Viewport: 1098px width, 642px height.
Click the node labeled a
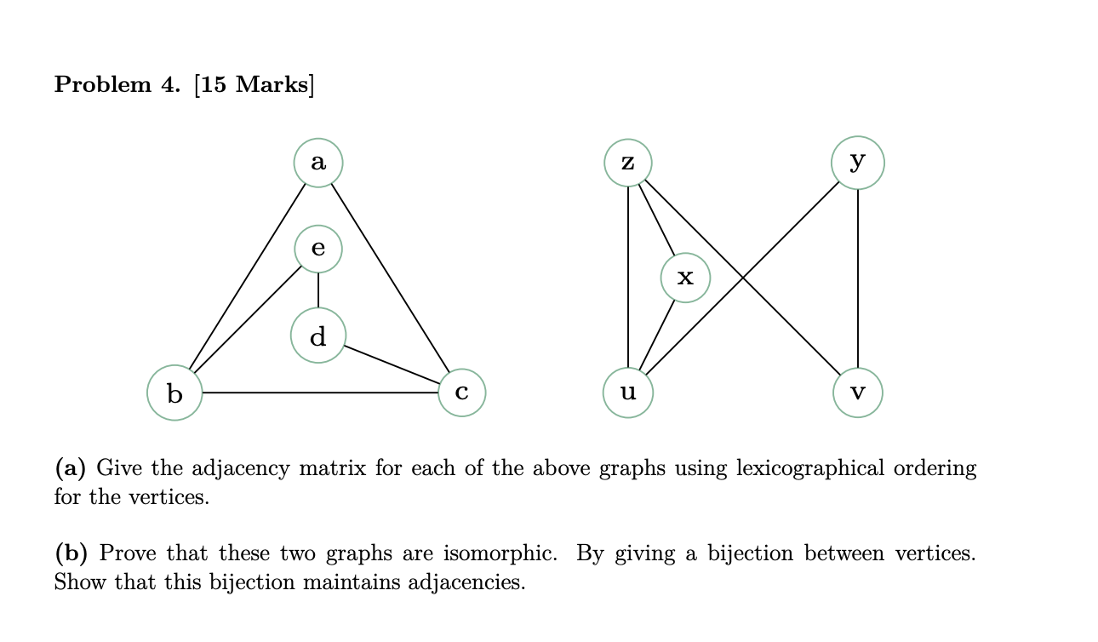[x=318, y=162]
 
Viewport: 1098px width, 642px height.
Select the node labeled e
[x=318, y=249]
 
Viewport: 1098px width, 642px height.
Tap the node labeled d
[x=318, y=336]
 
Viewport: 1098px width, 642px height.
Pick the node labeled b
[x=174, y=393]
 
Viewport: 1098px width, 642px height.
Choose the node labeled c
[x=461, y=393]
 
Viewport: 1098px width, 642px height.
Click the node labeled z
[x=628, y=162]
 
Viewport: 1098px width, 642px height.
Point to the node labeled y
[x=858, y=162]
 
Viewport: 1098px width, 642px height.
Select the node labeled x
[x=685, y=278]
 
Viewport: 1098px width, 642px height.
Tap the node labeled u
[x=628, y=393]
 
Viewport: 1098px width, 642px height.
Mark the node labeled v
[x=858, y=393]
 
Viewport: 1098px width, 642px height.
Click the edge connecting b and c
[x=319, y=393]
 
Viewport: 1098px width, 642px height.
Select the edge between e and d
[x=318, y=290]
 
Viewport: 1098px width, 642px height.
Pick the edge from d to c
[x=392, y=365]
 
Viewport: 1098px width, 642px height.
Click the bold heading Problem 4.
[x=117, y=85]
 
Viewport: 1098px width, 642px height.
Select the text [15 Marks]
[x=254, y=85]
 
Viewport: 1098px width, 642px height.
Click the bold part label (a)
[x=71, y=468]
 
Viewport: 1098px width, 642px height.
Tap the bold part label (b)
[x=71, y=554]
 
